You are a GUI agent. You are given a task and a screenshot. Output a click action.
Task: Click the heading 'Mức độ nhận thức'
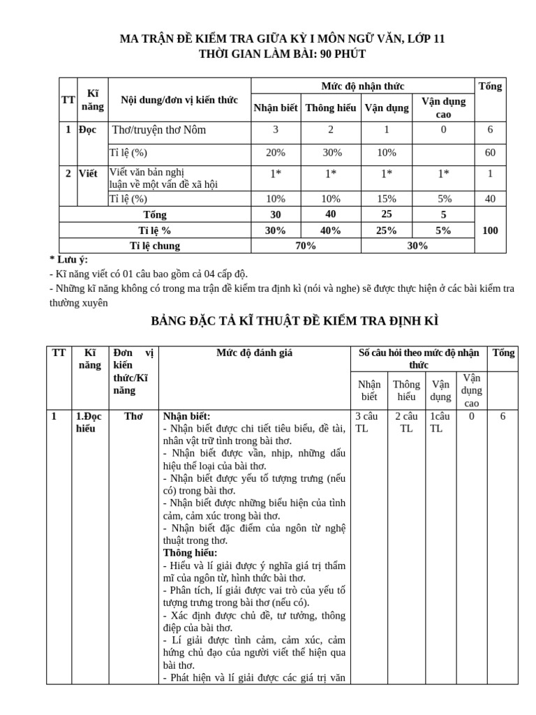tap(362, 86)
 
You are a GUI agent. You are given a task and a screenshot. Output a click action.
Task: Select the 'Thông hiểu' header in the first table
tap(331, 108)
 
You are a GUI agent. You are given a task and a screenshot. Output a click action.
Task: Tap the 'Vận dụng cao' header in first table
tap(443, 108)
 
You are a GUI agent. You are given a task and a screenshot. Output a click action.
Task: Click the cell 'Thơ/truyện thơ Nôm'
tap(159, 130)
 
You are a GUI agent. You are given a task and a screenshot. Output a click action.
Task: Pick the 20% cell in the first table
tap(275, 152)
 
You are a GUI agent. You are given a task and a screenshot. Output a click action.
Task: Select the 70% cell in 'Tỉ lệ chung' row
tap(305, 245)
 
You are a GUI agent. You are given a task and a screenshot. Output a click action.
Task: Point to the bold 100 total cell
tap(490, 230)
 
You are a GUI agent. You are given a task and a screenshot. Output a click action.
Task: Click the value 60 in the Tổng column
tap(490, 152)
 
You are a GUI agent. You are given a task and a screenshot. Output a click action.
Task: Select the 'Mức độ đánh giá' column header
tap(254, 353)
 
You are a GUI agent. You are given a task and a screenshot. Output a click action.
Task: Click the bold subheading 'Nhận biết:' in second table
tap(186, 416)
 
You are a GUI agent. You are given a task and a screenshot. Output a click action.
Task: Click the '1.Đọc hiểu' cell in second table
tap(89, 422)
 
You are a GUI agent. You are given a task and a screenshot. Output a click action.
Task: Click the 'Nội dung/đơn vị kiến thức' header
tap(179, 100)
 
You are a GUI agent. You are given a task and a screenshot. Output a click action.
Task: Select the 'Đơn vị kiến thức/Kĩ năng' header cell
tap(133, 371)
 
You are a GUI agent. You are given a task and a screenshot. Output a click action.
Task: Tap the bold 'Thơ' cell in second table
tap(133, 416)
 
